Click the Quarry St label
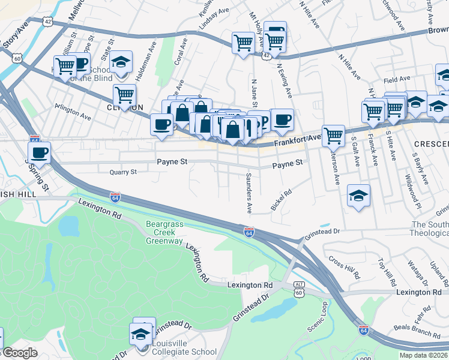coord(123,172)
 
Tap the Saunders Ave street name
coord(249,193)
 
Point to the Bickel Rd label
coord(281,200)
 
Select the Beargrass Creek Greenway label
coord(164,232)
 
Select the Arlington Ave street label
coord(73,110)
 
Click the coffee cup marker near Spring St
coord(40,152)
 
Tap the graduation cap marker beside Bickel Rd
coord(358,196)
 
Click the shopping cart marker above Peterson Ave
coord(333,135)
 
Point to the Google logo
coord(20,353)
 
